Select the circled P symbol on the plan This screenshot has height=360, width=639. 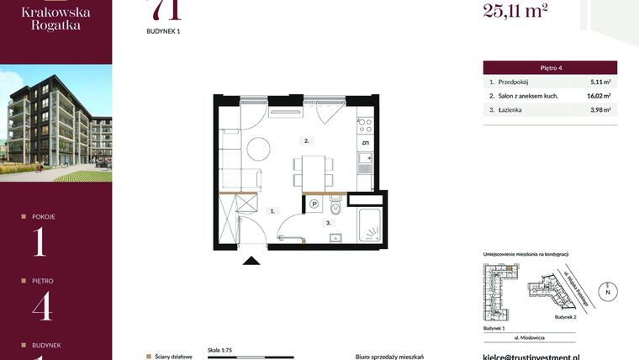314,204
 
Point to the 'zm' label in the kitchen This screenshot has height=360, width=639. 366,144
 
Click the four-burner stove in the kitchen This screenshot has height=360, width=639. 366,124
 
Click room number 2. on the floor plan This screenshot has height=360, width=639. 308,140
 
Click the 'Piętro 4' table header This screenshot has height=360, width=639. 550,67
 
